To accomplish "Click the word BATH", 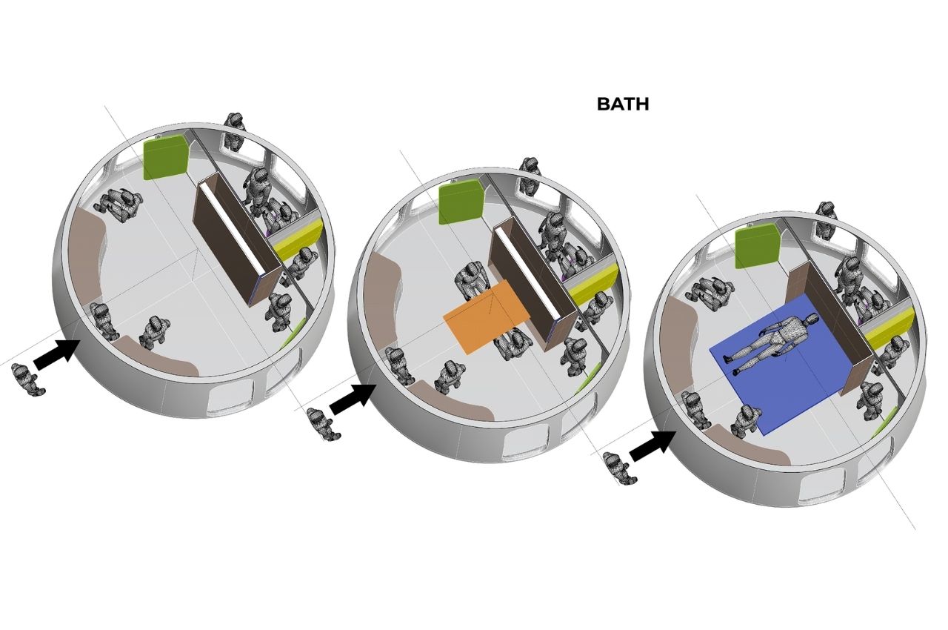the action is click(x=623, y=105).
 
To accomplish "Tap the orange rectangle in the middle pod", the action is click(x=487, y=316).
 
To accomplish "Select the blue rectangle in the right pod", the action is click(x=778, y=363).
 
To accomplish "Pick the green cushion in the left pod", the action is click(x=165, y=159).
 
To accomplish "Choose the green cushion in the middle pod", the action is click(x=461, y=201).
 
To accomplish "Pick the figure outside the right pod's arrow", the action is click(x=620, y=468).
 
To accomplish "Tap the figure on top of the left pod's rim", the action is click(x=234, y=132).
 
